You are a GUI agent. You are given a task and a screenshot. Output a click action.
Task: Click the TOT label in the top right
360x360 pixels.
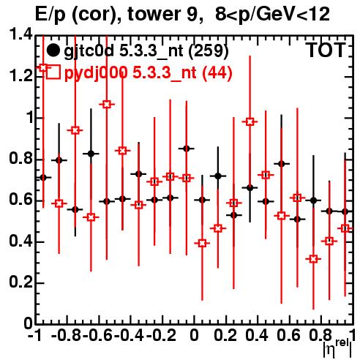point(326,50)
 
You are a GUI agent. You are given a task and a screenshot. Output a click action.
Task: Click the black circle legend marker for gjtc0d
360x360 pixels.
point(53,50)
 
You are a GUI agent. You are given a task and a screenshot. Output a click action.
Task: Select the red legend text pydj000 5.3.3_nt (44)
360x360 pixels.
point(149,72)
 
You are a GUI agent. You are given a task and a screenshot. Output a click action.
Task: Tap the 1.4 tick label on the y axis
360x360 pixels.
point(20,34)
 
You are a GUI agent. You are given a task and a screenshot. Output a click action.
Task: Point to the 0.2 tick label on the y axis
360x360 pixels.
point(20,282)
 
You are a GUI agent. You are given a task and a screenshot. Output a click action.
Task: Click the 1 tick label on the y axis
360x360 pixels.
point(29,118)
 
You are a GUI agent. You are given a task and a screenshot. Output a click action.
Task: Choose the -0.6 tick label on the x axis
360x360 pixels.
point(98,335)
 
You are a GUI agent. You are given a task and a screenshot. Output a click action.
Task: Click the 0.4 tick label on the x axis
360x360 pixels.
point(257,335)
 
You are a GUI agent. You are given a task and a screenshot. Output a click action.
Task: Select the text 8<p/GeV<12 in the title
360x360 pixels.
point(272,14)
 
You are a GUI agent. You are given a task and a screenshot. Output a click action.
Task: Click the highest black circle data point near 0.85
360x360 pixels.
point(187,149)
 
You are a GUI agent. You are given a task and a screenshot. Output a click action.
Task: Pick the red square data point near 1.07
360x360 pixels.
point(107,105)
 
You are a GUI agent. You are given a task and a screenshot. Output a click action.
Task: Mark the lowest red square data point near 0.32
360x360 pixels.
point(314,259)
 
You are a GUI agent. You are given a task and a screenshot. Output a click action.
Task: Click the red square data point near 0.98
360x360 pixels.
point(250,121)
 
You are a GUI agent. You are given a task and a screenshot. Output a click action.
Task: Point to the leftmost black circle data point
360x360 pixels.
point(43,178)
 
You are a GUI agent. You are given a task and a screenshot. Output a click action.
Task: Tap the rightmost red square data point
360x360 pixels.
point(345,228)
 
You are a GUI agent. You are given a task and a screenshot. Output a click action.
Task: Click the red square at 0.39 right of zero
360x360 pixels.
point(202,243)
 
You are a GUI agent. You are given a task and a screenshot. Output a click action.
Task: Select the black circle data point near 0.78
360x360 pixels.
point(282,164)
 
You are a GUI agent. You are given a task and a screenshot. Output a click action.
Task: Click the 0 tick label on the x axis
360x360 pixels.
point(194,335)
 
